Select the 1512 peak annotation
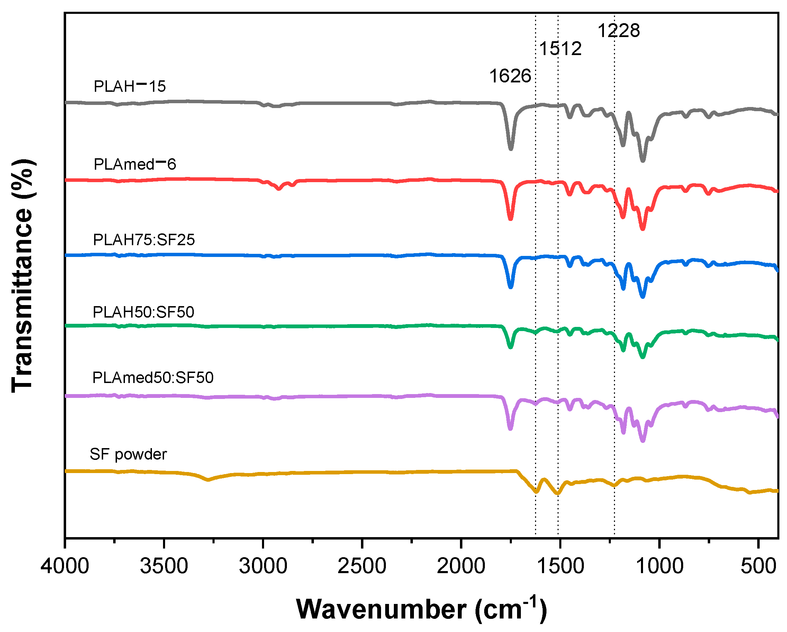tap(560, 49)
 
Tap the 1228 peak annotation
tap(618, 31)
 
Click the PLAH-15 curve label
tap(129, 87)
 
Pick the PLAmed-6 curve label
tap(135, 164)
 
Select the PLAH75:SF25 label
tap(144, 240)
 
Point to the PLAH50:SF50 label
tap(144, 312)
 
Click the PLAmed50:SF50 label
tap(153, 378)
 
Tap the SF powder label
tap(128, 454)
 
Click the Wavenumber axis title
tap(422, 609)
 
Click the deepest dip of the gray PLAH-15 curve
tap(643, 160)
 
